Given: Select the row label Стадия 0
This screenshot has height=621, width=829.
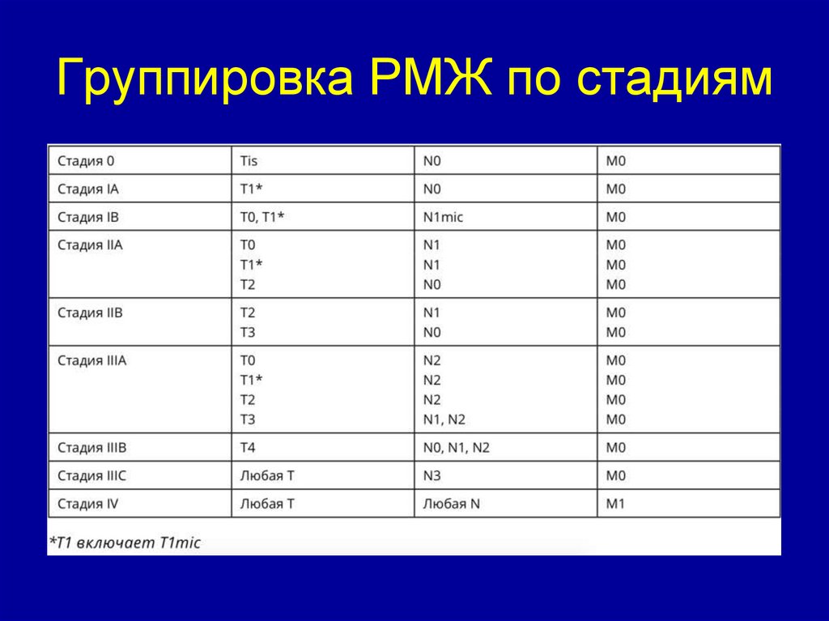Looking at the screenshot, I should point(86,160).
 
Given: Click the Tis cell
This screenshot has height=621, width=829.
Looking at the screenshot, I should point(249,160).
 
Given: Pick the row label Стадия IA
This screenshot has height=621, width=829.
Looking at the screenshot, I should point(88,189).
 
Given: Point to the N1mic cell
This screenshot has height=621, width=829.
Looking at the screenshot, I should point(443,217).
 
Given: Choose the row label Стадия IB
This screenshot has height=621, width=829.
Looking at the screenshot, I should point(88,217).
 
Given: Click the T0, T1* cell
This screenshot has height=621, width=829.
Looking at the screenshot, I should point(262,217).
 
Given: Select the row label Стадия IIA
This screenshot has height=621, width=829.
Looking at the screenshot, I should point(90,245).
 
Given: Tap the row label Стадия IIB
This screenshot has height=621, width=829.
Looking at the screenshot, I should point(90,312).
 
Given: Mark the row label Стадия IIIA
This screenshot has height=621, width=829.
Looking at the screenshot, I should point(92,360).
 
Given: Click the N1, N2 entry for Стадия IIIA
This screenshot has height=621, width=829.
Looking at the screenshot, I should point(444,419).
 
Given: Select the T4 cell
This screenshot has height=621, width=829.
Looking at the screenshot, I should point(248,447).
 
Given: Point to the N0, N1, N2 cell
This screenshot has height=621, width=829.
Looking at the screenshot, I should point(457,447).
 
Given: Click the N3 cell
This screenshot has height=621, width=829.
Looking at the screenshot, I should point(432,475).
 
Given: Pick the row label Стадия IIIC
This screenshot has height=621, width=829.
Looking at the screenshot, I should point(92,475).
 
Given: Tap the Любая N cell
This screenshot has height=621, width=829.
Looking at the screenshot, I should point(451,504).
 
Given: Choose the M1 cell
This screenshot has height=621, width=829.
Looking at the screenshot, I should point(616,504).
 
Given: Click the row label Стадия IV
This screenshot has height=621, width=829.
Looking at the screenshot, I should point(88,504).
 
